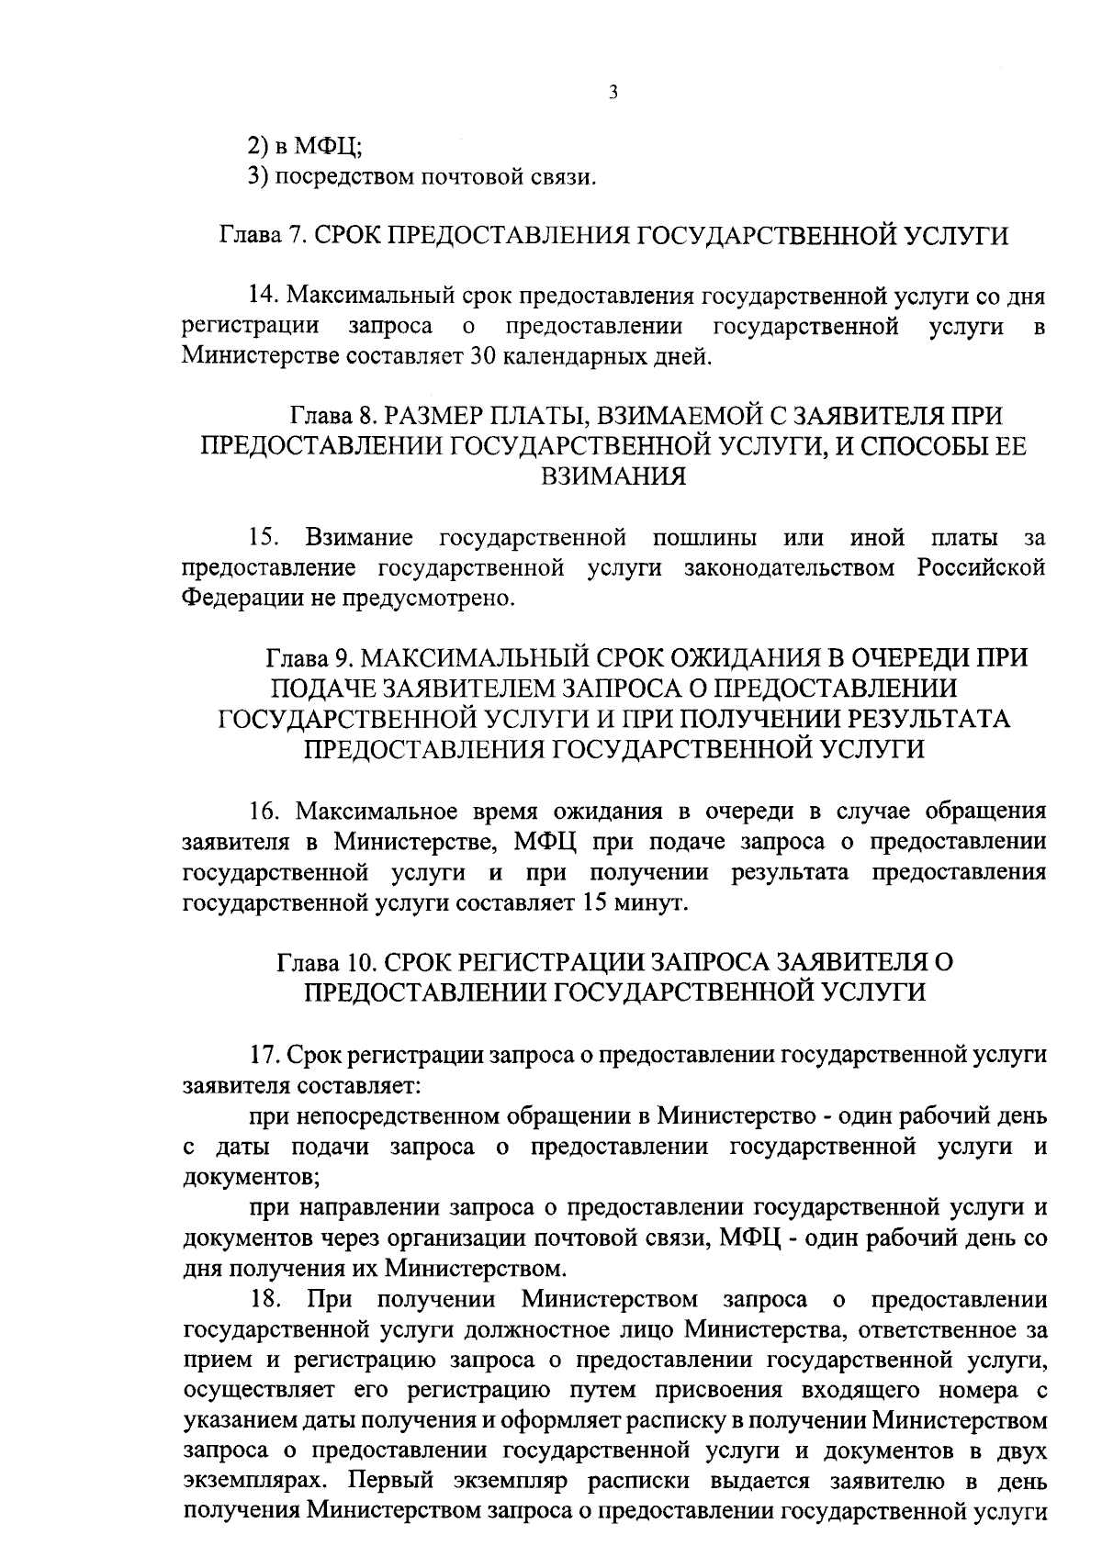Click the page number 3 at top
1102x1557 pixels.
coord(612,93)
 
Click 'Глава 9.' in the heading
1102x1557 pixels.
coord(309,657)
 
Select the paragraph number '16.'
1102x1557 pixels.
coord(266,812)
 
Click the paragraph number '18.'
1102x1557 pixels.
coord(266,1299)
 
